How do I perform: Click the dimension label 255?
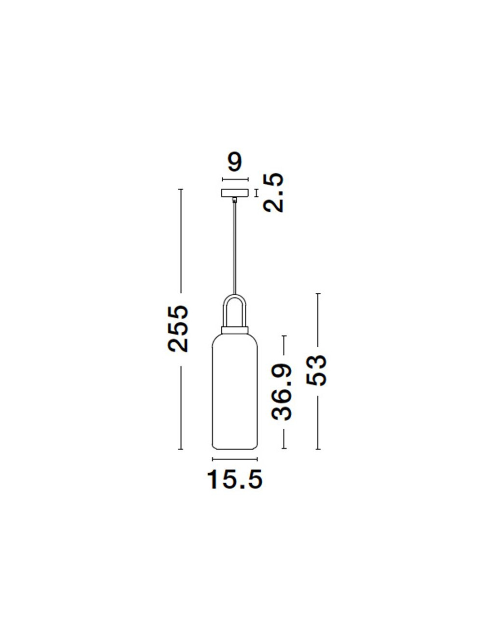point(178,329)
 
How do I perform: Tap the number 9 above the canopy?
point(235,163)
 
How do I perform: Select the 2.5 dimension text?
point(273,193)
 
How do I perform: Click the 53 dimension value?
point(316,370)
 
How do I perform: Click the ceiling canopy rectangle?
point(235,193)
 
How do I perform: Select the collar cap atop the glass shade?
point(235,330)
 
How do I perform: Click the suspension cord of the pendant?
point(235,248)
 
